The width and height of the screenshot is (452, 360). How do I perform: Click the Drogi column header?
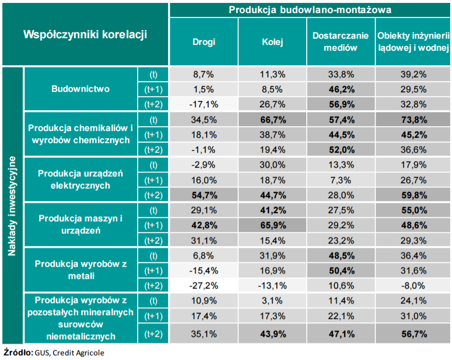click(203, 42)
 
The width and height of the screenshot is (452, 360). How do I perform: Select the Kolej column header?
click(272, 42)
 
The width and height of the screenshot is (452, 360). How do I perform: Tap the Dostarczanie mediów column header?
click(340, 42)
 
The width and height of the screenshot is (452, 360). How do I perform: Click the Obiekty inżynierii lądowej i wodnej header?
click(413, 42)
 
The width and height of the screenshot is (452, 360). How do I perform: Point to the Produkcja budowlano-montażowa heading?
click(310, 10)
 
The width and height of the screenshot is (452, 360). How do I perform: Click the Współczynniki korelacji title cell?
click(85, 35)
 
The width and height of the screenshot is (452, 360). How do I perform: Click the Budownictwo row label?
click(81, 89)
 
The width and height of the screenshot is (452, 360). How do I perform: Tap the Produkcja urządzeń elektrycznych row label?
click(81, 179)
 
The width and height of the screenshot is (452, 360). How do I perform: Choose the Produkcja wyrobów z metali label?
click(81, 270)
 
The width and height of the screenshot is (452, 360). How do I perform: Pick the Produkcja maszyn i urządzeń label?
click(81, 225)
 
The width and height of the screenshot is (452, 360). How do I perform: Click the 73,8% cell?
click(413, 120)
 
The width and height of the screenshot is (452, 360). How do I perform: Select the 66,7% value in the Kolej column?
click(272, 120)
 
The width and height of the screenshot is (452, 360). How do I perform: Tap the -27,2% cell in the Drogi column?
click(203, 285)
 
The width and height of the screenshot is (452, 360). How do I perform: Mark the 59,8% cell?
click(413, 195)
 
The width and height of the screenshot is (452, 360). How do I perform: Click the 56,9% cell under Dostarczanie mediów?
click(340, 104)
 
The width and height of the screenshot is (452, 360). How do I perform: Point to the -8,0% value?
click(413, 285)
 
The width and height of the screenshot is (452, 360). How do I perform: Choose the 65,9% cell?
click(272, 225)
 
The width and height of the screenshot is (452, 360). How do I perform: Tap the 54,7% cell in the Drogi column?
click(203, 195)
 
